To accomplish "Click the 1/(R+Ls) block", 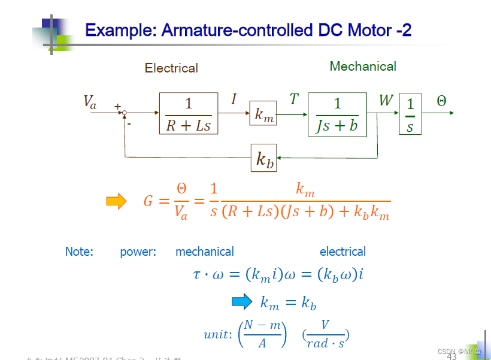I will [188, 113].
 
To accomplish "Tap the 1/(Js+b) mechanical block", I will [337, 114].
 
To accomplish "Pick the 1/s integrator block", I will [410, 114].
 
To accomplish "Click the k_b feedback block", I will [263, 158].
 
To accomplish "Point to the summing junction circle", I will [125, 113].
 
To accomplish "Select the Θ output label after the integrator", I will [441, 101].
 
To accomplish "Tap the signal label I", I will [234, 99].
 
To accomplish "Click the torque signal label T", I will [293, 99].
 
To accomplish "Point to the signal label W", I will [386, 100].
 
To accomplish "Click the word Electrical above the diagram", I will [171, 68].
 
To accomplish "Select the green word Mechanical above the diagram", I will [363, 66].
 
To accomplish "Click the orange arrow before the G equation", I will [116, 201].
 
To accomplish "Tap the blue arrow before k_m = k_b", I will [242, 302].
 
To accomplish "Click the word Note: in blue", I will [79, 252].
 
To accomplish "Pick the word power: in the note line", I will [138, 252].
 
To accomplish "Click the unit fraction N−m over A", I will [262, 334].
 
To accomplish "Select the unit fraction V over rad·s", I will [325, 334].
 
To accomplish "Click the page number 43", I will [451, 357].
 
